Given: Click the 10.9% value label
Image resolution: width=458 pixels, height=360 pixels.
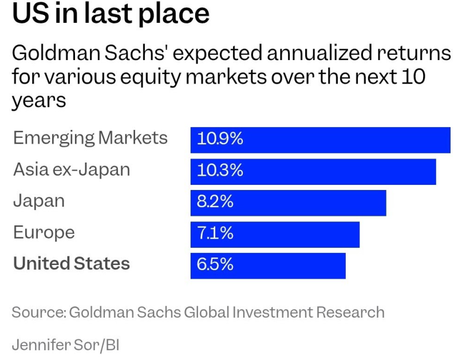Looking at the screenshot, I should tap(220, 139).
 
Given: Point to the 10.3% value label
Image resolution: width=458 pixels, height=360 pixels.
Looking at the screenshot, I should tap(220, 171).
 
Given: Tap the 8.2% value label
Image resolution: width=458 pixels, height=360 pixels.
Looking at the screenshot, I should tap(215, 202).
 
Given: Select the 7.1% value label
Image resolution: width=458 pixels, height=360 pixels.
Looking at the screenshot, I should tap(215, 234).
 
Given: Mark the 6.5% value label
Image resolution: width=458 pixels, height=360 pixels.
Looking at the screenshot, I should tap(215, 265).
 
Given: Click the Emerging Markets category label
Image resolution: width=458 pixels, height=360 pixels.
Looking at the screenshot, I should tap(90, 138).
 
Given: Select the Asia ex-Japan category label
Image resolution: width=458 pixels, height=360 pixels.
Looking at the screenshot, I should tap(72, 169).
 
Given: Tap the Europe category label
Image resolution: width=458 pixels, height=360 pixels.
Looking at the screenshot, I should tap(44, 233).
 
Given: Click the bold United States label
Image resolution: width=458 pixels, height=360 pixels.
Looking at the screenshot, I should tap(72, 264).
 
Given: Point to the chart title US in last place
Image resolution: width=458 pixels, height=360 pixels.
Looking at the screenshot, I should tap(110, 14).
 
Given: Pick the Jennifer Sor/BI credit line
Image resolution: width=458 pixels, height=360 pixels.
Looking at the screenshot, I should tap(65, 345).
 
